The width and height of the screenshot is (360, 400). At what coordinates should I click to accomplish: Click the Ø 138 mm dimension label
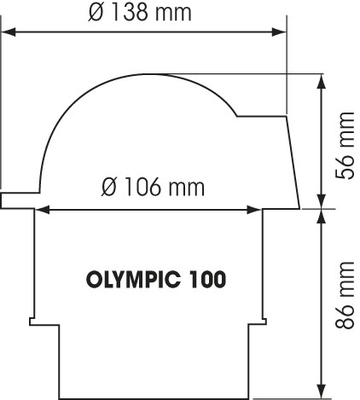pyautogui.click(x=140, y=12)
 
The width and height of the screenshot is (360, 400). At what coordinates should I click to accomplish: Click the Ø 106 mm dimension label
pyautogui.click(x=153, y=187)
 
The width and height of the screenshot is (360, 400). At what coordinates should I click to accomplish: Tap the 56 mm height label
pyautogui.click(x=345, y=146)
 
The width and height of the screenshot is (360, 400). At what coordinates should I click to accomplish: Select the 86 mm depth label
pyautogui.click(x=345, y=295)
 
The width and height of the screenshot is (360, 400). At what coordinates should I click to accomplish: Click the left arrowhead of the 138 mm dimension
pyautogui.click(x=9, y=32)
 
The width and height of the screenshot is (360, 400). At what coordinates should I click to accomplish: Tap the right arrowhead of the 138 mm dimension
pyautogui.click(x=279, y=32)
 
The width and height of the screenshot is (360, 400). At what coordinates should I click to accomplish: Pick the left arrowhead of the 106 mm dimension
pyautogui.click(x=43, y=210)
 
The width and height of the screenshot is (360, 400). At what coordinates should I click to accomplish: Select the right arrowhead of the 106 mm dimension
pyautogui.click(x=254, y=210)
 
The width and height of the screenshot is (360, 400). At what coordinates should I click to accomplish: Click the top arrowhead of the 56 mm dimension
pyautogui.click(x=322, y=81)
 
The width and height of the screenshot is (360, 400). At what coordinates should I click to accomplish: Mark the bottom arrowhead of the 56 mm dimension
pyautogui.click(x=322, y=201)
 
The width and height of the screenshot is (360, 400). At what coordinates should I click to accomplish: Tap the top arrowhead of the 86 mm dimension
pyautogui.click(x=322, y=217)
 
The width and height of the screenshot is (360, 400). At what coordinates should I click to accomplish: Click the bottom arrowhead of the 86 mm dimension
pyautogui.click(x=322, y=391)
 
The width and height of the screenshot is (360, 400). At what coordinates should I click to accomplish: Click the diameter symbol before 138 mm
pyautogui.click(x=95, y=13)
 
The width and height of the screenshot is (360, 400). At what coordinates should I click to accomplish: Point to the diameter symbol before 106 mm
pyautogui.click(x=109, y=187)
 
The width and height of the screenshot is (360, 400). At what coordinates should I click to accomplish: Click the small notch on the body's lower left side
pyautogui.click(x=32, y=322)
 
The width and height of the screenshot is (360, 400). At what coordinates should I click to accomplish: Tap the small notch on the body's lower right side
pyautogui.click(x=264, y=322)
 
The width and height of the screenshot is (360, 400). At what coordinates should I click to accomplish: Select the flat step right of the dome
pyautogui.click(x=261, y=116)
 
